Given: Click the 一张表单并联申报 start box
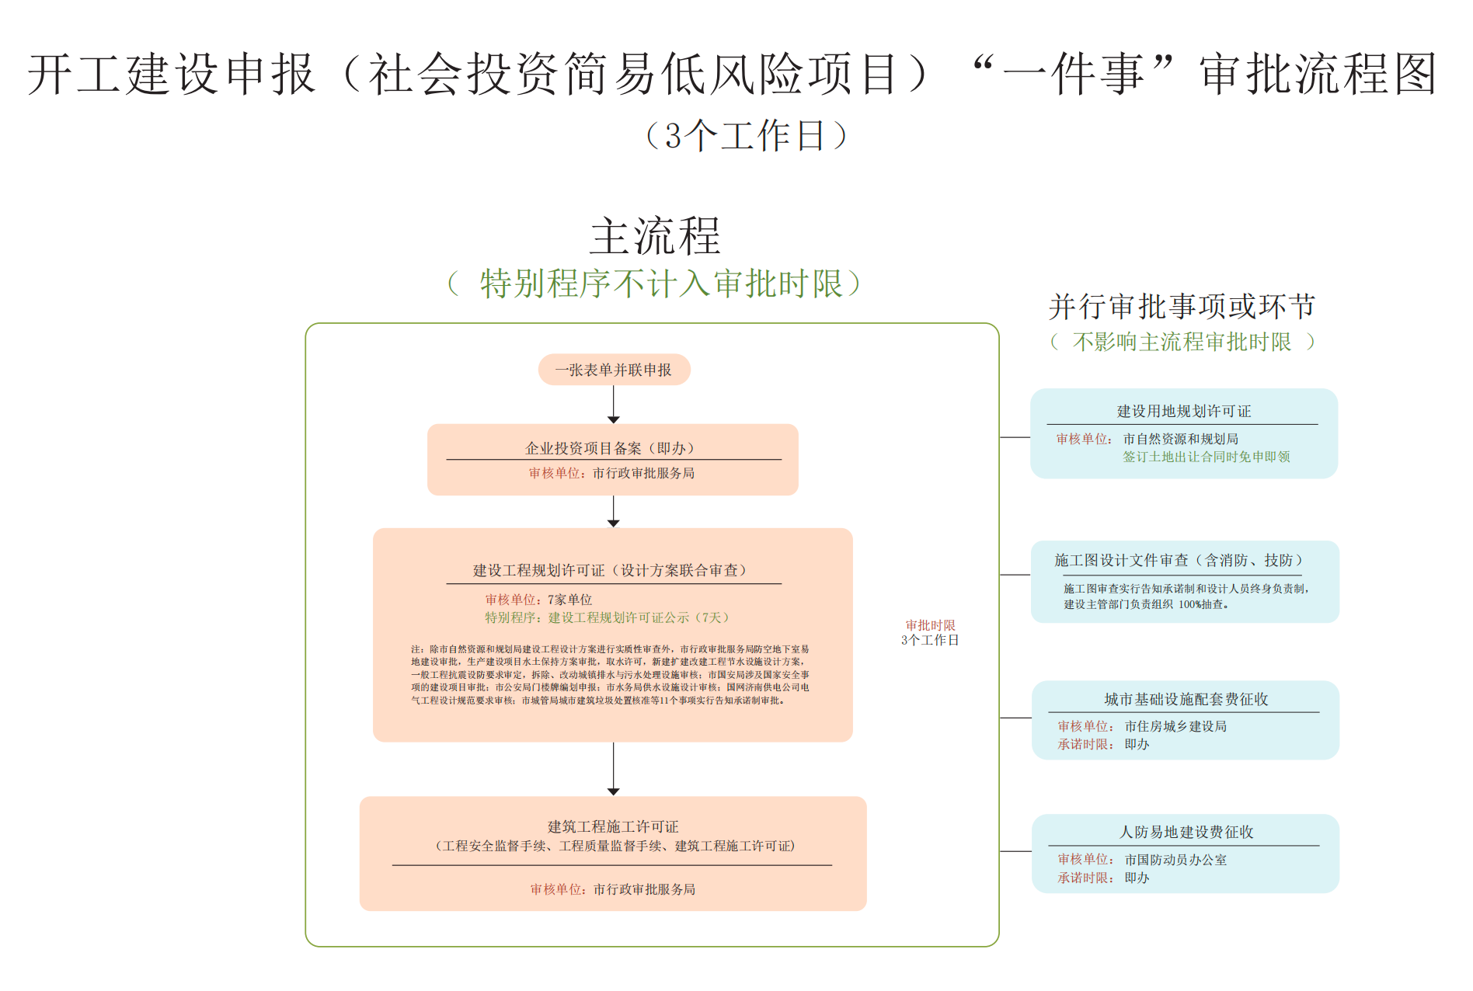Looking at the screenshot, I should click(x=614, y=370).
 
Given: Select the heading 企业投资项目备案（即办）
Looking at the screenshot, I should click(x=610, y=448).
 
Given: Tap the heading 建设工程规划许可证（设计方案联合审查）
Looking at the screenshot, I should click(x=610, y=570).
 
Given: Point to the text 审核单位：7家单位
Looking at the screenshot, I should click(x=538, y=600).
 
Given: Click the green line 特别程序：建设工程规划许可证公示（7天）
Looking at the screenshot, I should click(x=608, y=617).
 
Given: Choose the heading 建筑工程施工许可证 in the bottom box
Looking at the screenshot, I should click(x=613, y=826).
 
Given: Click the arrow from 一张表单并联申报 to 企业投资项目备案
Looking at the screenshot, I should click(x=614, y=404).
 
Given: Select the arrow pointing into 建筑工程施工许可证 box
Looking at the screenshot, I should click(x=614, y=769).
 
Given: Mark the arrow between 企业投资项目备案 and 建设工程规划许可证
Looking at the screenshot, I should click(x=614, y=512).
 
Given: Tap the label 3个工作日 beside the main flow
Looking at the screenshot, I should click(x=930, y=640).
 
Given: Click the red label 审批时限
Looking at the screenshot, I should click(x=930, y=625).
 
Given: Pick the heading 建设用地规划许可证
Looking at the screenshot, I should click(x=1183, y=411).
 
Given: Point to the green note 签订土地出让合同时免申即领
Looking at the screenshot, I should click(x=1206, y=457).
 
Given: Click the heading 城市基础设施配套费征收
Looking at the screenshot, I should click(x=1186, y=699).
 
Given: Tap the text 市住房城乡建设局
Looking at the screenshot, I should click(x=1175, y=726).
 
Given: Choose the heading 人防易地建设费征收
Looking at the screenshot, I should click(x=1186, y=832).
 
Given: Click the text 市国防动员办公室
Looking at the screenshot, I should click(x=1175, y=860).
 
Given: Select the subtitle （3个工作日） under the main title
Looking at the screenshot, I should click(x=746, y=136).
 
